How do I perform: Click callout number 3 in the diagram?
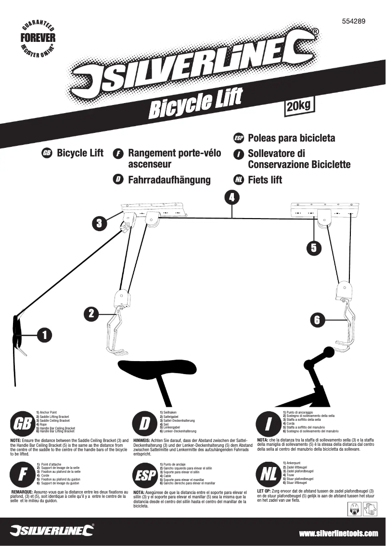[x=99, y=223]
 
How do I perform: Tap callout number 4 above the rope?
[x=232, y=197]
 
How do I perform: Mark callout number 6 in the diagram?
[x=316, y=319]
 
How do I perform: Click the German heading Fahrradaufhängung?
[x=169, y=180]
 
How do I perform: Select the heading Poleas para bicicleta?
[x=291, y=139]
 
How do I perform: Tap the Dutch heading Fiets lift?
[x=265, y=180]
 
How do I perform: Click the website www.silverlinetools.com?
[x=338, y=533]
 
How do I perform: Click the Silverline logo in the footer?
[x=52, y=530]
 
